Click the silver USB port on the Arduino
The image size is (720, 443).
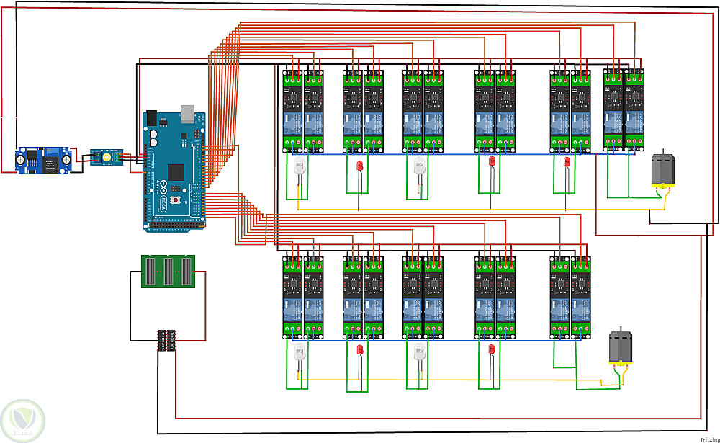(188, 112)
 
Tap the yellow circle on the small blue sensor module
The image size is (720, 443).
(107, 156)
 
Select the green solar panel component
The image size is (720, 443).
(168, 271)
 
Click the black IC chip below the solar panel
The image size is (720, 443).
(168, 340)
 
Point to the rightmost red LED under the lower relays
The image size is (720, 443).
(492, 350)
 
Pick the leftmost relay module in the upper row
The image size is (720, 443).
(292, 109)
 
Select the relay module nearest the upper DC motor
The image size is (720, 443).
(634, 109)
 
